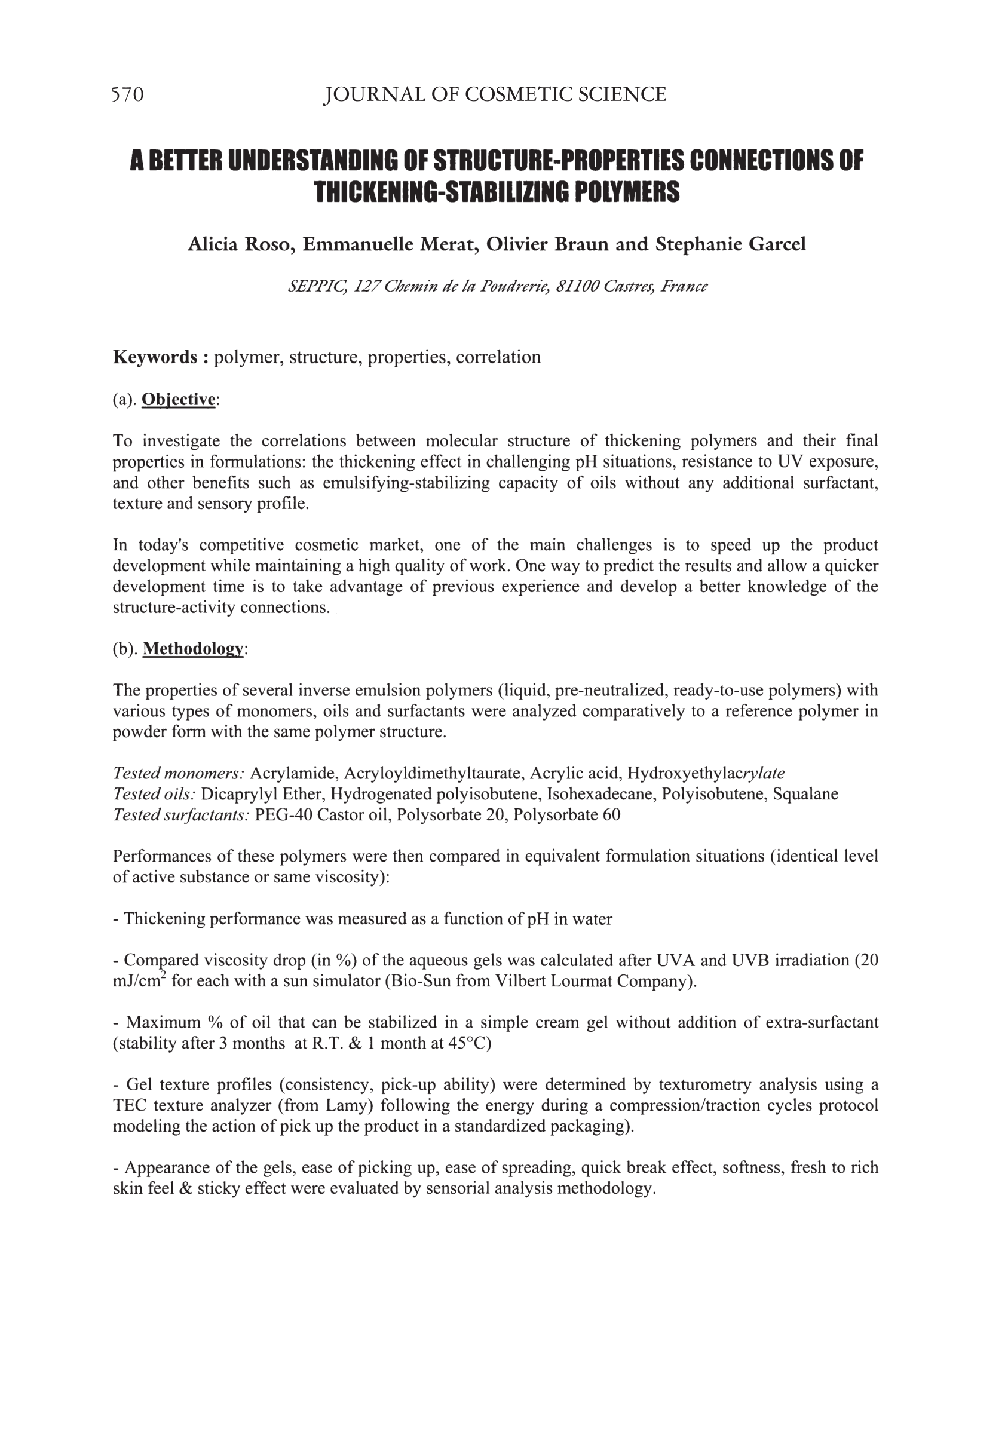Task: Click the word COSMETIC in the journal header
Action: [514, 95]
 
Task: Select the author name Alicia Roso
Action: [241, 244]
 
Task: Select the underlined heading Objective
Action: [179, 400]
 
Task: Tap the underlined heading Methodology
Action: [192, 648]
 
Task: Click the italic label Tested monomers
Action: [179, 773]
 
